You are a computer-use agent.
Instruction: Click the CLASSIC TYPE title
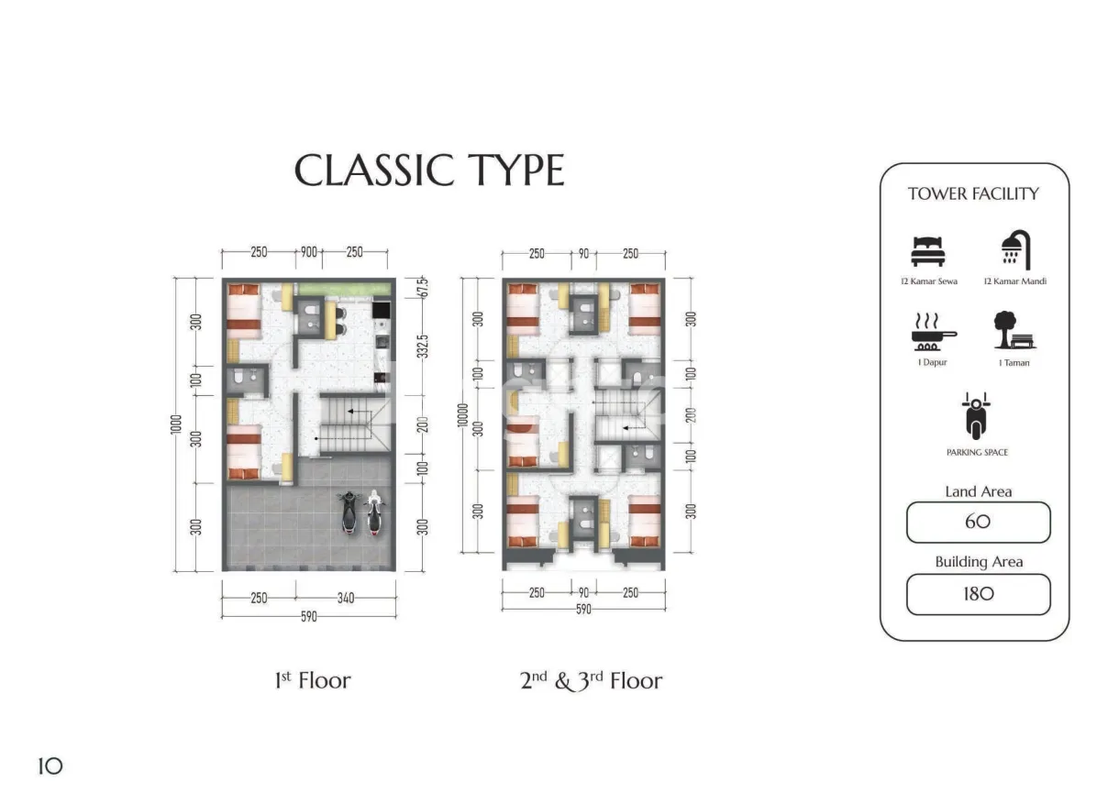pyautogui.click(x=429, y=171)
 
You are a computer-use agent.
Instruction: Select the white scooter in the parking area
pyautogui.click(x=374, y=513)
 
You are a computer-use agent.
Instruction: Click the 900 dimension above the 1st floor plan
pyautogui.click(x=309, y=252)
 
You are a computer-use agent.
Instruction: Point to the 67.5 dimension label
pyautogui.click(x=423, y=288)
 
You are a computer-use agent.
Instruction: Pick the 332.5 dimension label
pyautogui.click(x=423, y=347)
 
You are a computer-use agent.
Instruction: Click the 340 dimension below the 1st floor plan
pyautogui.click(x=346, y=598)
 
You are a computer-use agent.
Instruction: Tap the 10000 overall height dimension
pyautogui.click(x=462, y=415)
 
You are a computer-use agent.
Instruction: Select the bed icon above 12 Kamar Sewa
pyautogui.click(x=928, y=252)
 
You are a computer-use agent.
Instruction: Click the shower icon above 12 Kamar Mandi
pyautogui.click(x=1016, y=249)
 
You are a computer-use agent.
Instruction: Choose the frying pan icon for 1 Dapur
pyautogui.click(x=932, y=332)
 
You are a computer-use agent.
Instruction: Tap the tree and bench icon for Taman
pyautogui.click(x=1014, y=330)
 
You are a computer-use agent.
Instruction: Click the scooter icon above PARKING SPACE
pyautogui.click(x=976, y=416)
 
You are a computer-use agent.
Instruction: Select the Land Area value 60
pyautogui.click(x=978, y=522)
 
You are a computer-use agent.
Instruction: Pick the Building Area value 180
pyautogui.click(x=978, y=594)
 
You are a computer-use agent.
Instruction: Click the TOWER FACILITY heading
pyautogui.click(x=973, y=193)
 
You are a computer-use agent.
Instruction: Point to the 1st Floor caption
pyautogui.click(x=313, y=680)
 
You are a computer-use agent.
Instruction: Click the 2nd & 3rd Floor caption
pyautogui.click(x=591, y=681)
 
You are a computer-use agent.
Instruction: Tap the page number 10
pyautogui.click(x=50, y=766)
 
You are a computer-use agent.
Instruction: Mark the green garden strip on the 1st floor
pyautogui.click(x=344, y=289)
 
